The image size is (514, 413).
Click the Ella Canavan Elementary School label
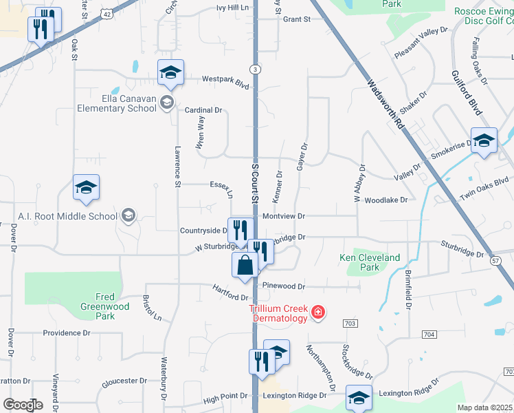[115, 103]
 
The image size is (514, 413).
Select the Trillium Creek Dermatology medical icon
[317, 313]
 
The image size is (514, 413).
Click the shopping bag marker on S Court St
[245, 266]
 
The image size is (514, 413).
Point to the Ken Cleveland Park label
[370, 262]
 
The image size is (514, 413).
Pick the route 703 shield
[350, 323]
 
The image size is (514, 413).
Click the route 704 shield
[429, 335]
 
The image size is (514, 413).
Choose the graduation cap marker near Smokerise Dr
[484, 141]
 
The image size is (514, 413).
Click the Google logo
[23, 405]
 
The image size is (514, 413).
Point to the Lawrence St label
[177, 166]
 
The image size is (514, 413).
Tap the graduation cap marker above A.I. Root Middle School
[87, 188]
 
